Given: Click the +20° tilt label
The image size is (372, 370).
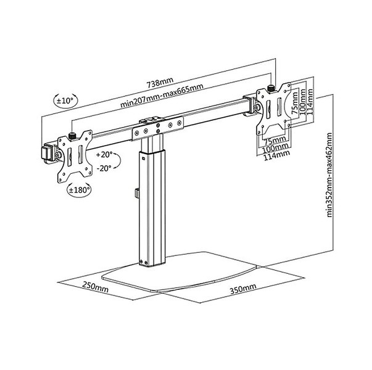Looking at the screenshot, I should [105, 154].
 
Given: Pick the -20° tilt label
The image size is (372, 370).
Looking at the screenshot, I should [105, 168].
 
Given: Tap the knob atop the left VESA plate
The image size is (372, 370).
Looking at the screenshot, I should [73, 135].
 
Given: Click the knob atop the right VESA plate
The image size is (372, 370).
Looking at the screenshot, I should [271, 87].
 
